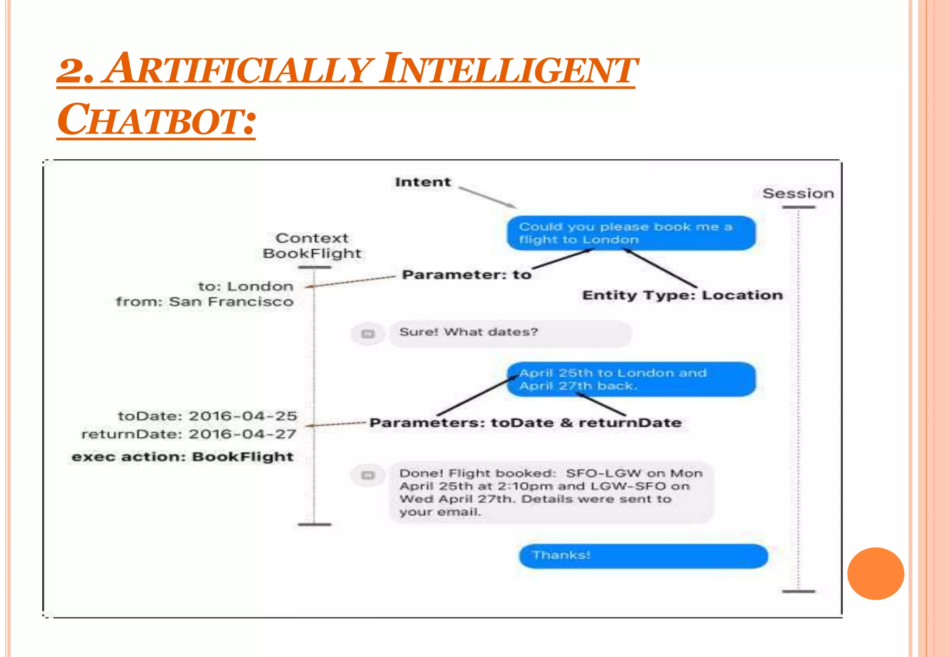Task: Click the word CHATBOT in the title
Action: coord(156,119)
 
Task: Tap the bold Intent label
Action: coord(423,182)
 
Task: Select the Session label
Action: coord(798,193)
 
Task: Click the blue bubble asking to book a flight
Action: coord(631,233)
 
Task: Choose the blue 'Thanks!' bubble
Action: coord(643,556)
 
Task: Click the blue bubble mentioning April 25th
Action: coord(631,379)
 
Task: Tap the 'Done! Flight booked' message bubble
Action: coord(551,492)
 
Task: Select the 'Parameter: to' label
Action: coord(467,275)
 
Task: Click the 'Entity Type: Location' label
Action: coord(682,295)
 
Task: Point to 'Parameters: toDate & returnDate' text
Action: coord(526,423)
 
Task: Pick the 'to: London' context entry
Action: coord(245,286)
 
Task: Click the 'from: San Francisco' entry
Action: coord(205,302)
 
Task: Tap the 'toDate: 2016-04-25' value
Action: coord(207,416)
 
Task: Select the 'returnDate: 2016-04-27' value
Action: coord(189,434)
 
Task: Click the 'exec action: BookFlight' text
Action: coord(182,457)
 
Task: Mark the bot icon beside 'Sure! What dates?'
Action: coord(368,334)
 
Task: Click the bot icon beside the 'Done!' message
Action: coord(368,475)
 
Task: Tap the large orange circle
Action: coord(875,574)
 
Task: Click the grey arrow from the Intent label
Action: coord(487,197)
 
